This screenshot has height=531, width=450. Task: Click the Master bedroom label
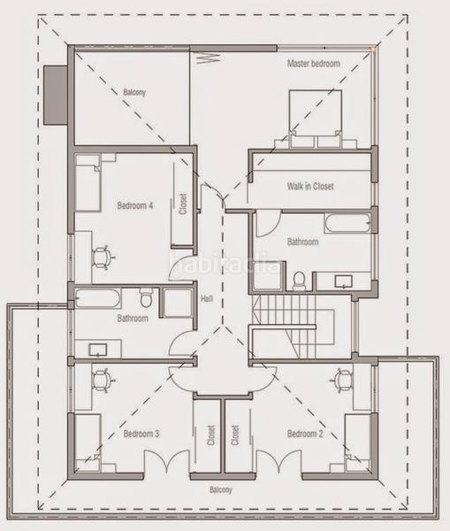pyautogui.click(x=313, y=64)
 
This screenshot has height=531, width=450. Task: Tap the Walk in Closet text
pyautogui.click(x=310, y=187)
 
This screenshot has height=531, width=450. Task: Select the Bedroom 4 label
pyautogui.click(x=135, y=206)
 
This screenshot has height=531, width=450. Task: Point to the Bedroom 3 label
pyautogui.click(x=141, y=434)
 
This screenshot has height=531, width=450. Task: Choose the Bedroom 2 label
pyautogui.click(x=304, y=434)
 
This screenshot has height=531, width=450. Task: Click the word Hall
pyautogui.click(x=207, y=298)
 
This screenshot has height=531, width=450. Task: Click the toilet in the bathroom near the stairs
pyautogui.click(x=299, y=281)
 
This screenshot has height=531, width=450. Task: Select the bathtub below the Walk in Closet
pyautogui.click(x=347, y=222)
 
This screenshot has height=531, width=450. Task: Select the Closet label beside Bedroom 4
pyautogui.click(x=183, y=204)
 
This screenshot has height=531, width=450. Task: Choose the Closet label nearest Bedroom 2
pyautogui.click(x=235, y=435)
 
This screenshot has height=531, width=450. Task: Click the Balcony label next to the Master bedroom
pyautogui.click(x=134, y=92)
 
